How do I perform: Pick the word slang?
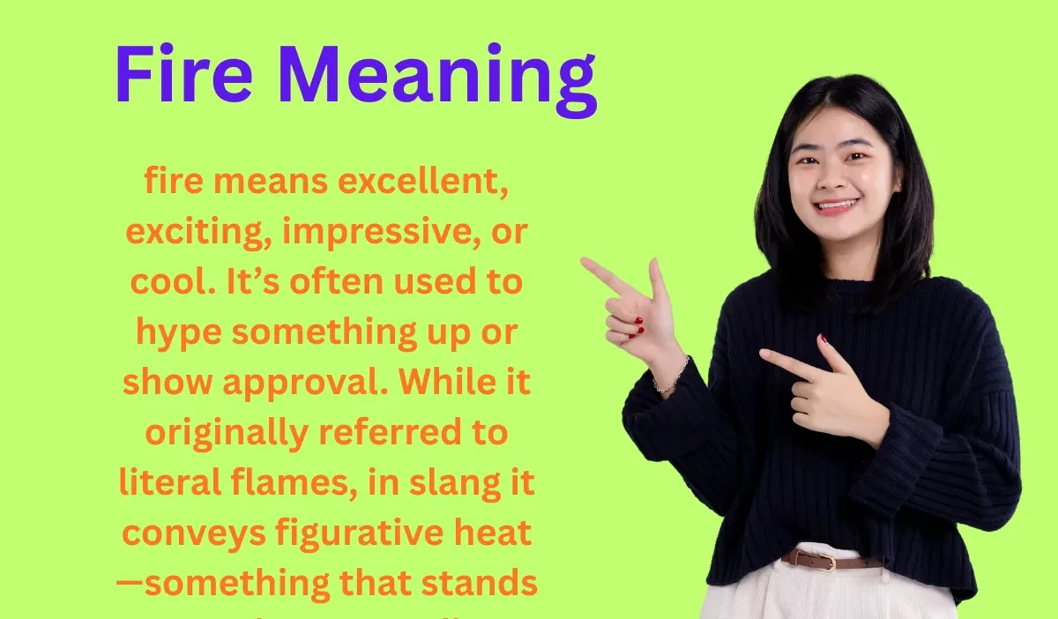point(449,484)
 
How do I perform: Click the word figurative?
point(353,534)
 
